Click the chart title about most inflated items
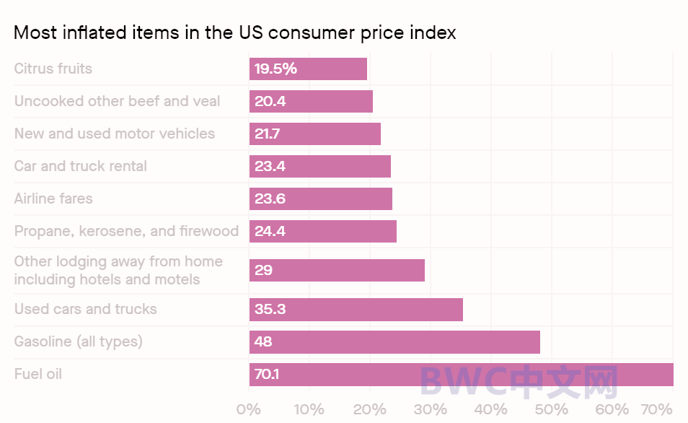coord(235,32)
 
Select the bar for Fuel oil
coord(462,375)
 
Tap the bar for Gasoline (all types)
coord(394,341)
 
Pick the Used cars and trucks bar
coord(356,309)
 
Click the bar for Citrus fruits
coord(308,69)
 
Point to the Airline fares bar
coord(321,199)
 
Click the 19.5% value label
coord(275,69)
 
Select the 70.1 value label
coord(267,375)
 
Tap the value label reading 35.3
coord(270,309)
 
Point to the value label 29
coord(263,271)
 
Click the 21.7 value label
coord(270,134)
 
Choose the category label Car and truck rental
coord(81,166)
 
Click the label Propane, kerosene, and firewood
coord(126,231)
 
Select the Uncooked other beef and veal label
coord(118,101)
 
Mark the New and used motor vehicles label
coord(115,134)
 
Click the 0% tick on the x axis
coord(249,409)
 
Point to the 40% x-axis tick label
coord(490,409)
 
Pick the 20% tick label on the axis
coord(370,409)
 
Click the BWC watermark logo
coord(519,383)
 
